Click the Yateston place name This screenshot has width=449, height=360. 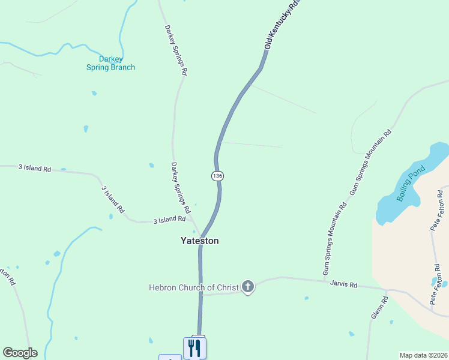pyautogui.click(x=200, y=241)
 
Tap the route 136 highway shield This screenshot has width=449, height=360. pyautogui.click(x=217, y=176)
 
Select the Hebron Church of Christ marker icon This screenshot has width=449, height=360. pyautogui.click(x=247, y=287)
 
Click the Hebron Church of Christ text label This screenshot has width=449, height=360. pyautogui.click(x=194, y=287)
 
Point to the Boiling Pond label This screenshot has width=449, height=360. pyautogui.click(x=411, y=184)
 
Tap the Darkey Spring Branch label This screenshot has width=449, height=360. pyautogui.click(x=110, y=63)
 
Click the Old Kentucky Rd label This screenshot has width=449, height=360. pyautogui.click(x=282, y=25)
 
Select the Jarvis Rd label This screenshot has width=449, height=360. pyautogui.click(x=345, y=284)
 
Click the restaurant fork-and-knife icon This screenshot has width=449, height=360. pyautogui.click(x=194, y=347)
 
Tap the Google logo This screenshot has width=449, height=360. pyautogui.click(x=20, y=353)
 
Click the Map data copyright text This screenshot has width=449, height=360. pyautogui.click(x=423, y=355)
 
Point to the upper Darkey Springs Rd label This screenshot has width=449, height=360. pyautogui.click(x=175, y=49)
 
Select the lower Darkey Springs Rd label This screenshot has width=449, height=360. pyautogui.click(x=181, y=188)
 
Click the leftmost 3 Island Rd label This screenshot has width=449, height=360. pyautogui.click(x=34, y=169)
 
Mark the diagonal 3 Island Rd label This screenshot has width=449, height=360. pyautogui.click(x=113, y=199)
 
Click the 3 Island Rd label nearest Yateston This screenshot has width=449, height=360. pyautogui.click(x=169, y=220)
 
